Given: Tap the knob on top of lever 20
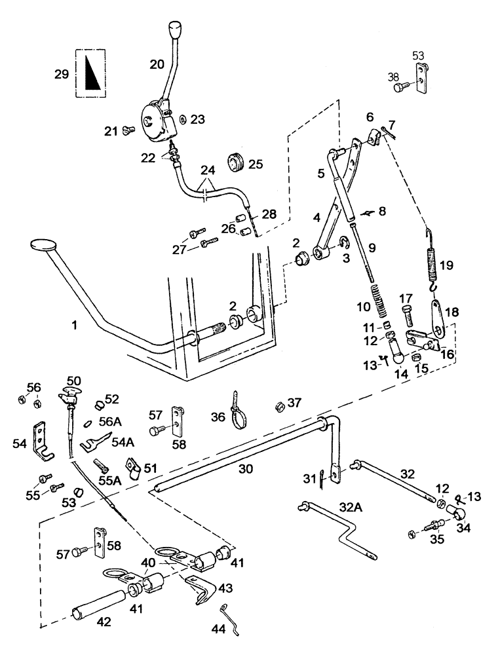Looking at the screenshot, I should (x=174, y=30).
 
